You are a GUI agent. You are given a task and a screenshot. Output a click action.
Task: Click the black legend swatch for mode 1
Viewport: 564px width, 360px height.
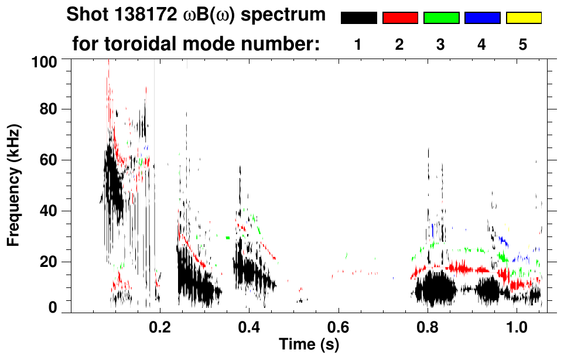pos(358,18)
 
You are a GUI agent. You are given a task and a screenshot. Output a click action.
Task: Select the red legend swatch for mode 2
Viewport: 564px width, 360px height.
pos(400,18)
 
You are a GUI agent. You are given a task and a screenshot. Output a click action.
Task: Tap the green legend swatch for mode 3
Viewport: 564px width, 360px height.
pos(441,18)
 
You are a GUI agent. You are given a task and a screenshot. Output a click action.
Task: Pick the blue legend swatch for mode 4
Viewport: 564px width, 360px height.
pos(482,18)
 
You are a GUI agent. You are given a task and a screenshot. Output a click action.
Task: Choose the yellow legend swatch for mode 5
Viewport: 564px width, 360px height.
pos(524,18)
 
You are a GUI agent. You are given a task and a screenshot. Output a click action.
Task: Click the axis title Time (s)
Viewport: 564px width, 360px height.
pos(309,345)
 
